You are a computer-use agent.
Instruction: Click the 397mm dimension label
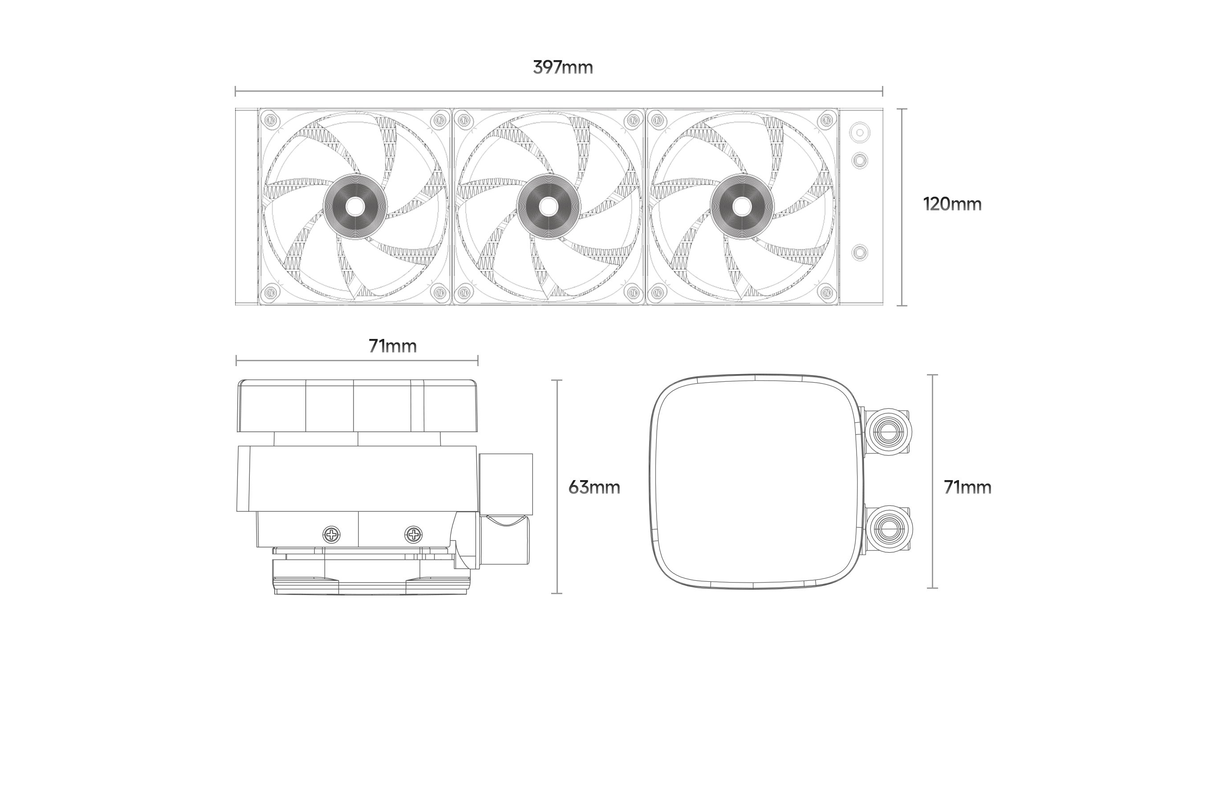[x=563, y=67]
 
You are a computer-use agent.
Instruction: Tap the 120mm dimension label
[x=952, y=204]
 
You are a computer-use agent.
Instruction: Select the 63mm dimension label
[x=594, y=488]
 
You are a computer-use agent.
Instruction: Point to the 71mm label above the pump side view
[x=393, y=346]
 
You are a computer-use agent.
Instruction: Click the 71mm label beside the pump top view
[x=967, y=487]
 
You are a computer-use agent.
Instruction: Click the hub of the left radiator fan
[x=355, y=206]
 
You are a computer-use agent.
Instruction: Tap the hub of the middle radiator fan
[x=549, y=206]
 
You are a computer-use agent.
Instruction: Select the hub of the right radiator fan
[x=742, y=206]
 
